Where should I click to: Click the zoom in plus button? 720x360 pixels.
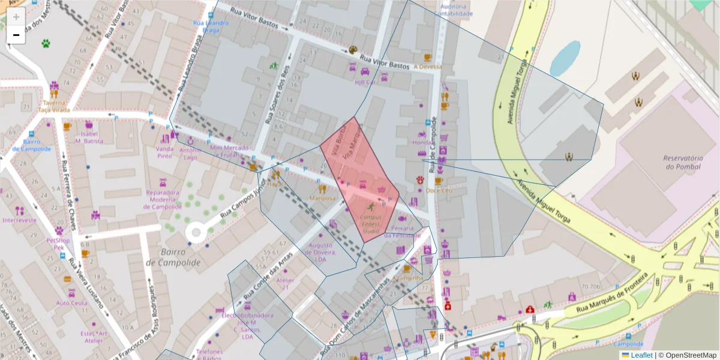16,17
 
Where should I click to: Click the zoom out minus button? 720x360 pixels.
16,35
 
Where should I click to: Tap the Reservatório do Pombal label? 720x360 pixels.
683,161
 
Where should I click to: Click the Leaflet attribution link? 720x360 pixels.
641,355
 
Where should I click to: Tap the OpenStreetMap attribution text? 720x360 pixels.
687,355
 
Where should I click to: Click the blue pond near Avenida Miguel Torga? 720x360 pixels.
565,58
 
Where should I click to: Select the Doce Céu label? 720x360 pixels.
438,190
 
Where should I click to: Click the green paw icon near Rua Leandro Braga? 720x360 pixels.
46,43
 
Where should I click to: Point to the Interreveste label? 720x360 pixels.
19,220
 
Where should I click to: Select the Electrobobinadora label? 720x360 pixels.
247,315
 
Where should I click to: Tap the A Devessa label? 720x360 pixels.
428,67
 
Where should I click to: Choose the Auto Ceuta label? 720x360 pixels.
71,303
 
